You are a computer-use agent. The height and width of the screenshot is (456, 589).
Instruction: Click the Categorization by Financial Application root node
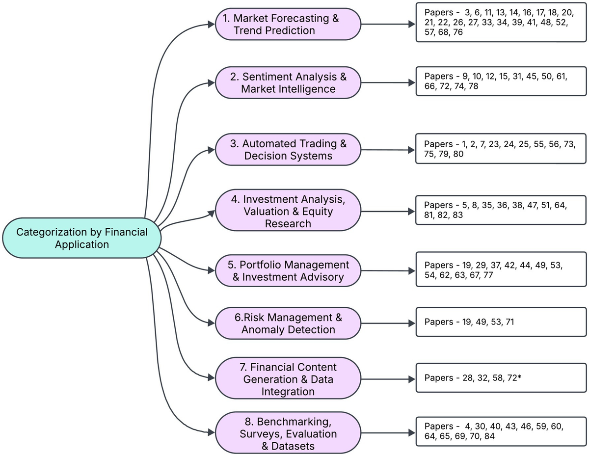(x=82, y=238)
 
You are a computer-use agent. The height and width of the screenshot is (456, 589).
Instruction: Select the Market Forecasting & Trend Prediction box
(x=288, y=24)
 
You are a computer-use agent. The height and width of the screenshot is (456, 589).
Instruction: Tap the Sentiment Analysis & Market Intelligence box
(x=288, y=82)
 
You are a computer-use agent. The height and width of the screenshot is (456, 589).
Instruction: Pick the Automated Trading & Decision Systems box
(x=288, y=149)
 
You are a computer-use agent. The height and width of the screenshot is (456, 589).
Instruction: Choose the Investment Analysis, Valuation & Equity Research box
(x=288, y=211)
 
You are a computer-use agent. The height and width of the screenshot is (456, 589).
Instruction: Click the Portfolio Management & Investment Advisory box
(x=288, y=271)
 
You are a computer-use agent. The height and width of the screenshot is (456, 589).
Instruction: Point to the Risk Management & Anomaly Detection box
(x=288, y=323)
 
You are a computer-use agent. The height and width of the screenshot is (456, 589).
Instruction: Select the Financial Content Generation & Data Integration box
(x=288, y=379)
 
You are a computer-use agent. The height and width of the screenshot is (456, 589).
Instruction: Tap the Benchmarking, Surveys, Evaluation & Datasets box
(x=288, y=433)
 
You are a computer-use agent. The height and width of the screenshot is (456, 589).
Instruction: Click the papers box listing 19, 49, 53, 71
(x=501, y=322)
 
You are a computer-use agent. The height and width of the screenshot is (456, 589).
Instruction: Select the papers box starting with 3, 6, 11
(x=501, y=23)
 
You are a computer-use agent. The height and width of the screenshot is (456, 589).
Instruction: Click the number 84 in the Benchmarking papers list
(x=489, y=436)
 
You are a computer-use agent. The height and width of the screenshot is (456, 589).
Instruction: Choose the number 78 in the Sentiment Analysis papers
(x=473, y=86)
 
